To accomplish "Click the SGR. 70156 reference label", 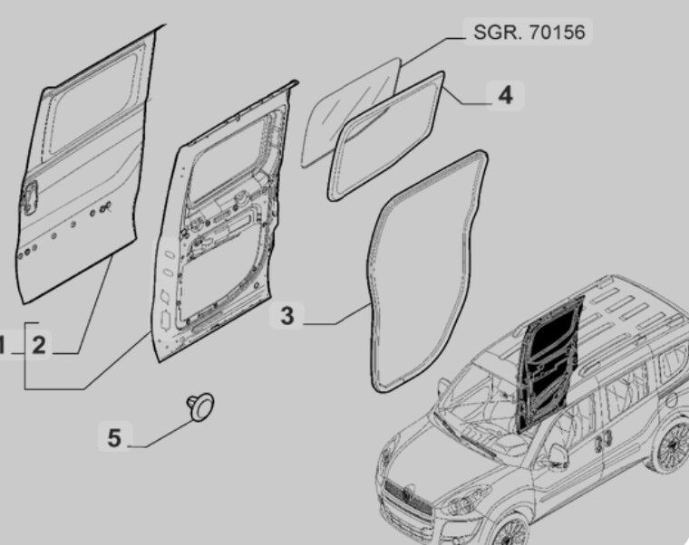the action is click(x=529, y=32).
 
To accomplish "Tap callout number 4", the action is click(x=506, y=95).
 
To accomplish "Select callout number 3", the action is click(x=287, y=316).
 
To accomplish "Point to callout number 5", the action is click(x=114, y=438).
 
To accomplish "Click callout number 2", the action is click(x=39, y=345).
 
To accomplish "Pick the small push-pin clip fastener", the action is click(x=201, y=406).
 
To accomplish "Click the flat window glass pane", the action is click(x=350, y=112).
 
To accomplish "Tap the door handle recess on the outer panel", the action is click(x=30, y=199).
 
